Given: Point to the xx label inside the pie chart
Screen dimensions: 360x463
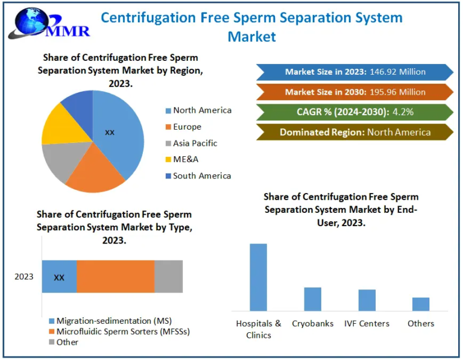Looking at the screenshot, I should [x=109, y=132].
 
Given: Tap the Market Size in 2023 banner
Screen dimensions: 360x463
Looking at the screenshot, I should [x=354, y=72].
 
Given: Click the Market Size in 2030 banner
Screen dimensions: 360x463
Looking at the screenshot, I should [x=354, y=92].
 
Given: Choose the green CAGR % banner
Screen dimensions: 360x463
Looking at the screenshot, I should [x=354, y=112].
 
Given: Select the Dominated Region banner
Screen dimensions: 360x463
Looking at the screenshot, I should [x=354, y=132].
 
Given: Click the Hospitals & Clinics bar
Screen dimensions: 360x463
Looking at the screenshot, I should [x=258, y=277].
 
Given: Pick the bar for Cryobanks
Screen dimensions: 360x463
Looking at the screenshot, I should [x=312, y=299].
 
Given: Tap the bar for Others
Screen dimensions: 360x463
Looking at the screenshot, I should [x=421, y=305].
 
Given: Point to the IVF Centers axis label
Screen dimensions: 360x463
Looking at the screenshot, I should [x=367, y=324].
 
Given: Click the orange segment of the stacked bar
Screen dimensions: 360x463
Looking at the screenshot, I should [x=115, y=277].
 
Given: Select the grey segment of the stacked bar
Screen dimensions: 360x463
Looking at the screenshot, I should [x=168, y=277].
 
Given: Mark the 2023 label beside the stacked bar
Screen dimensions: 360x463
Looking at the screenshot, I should [x=24, y=277].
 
